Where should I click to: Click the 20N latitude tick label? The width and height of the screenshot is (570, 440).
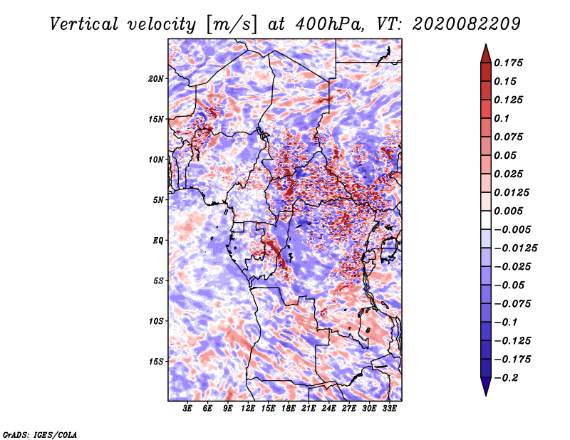pyautogui.click(x=156, y=78)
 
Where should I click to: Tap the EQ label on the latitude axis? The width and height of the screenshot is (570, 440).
pyautogui.click(x=158, y=241)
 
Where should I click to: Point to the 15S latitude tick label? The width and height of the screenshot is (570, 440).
pyautogui.click(x=156, y=362)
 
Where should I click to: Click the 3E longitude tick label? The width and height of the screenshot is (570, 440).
pyautogui.click(x=188, y=409)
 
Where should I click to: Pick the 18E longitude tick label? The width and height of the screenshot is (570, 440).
pyautogui.click(x=289, y=409)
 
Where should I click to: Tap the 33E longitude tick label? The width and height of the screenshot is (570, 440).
pyautogui.click(x=390, y=409)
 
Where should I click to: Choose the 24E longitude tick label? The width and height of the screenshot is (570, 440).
pyautogui.click(x=329, y=409)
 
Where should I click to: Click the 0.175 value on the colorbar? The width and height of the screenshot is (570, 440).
pyautogui.click(x=509, y=63)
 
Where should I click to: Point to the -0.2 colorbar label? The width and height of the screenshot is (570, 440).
pyautogui.click(x=508, y=377)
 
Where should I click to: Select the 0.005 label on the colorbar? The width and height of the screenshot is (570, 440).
pyautogui.click(x=509, y=211)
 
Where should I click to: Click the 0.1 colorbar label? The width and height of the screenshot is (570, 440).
pyautogui.click(x=502, y=118)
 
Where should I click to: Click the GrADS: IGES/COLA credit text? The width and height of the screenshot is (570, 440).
pyautogui.click(x=40, y=434)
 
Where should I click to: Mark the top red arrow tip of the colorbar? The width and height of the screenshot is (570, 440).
pyautogui.click(x=484, y=46)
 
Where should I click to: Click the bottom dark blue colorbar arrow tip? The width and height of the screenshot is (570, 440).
pyautogui.click(x=484, y=394)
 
